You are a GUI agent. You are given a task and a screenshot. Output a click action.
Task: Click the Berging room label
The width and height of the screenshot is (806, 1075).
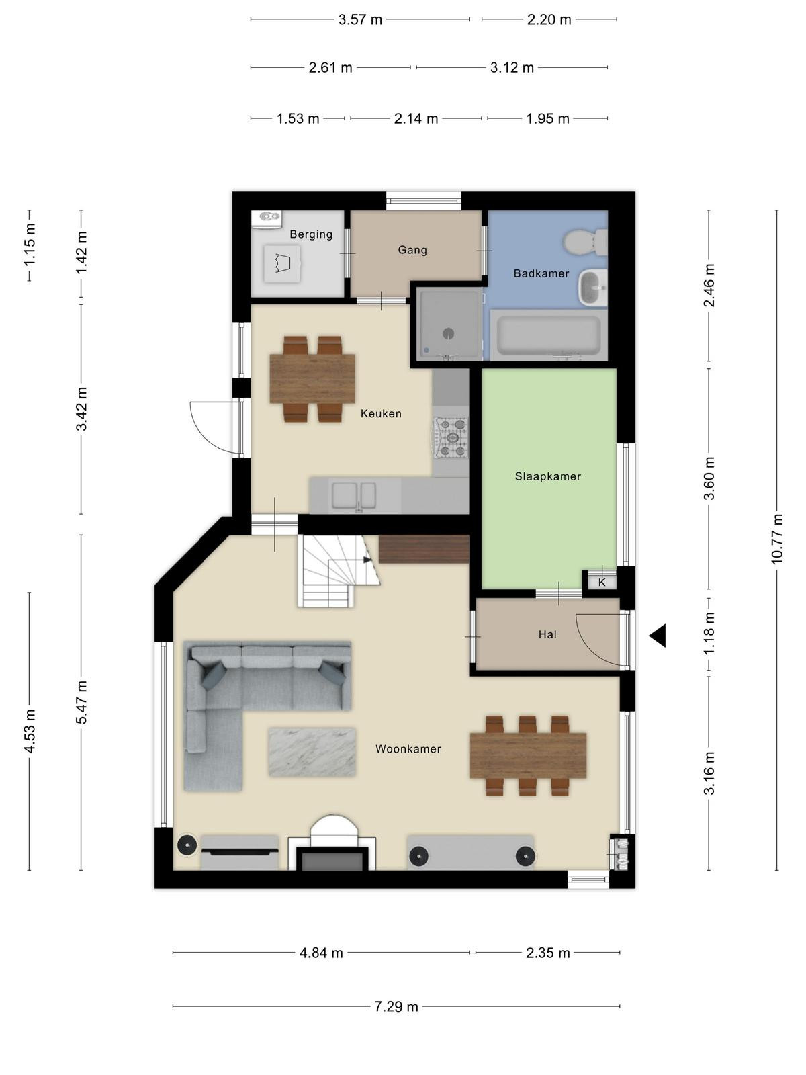311,234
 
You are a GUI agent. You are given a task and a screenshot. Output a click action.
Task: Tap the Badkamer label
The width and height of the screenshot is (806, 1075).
541,273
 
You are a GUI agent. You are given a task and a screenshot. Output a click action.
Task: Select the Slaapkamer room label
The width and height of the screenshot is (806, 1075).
547,476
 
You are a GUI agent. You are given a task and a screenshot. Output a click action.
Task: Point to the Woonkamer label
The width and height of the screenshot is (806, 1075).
408,749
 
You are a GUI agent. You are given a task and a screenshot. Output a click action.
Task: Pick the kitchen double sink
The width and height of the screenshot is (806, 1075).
354,495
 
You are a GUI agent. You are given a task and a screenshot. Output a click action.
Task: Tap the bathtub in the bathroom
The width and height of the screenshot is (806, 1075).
549,335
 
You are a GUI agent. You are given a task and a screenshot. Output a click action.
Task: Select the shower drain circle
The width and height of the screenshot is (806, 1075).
448,333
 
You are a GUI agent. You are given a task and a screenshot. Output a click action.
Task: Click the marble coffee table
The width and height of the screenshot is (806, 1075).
312,752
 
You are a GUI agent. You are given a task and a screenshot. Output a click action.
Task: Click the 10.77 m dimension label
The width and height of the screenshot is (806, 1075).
777,539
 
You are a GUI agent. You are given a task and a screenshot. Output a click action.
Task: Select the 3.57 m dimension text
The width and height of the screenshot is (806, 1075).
360,19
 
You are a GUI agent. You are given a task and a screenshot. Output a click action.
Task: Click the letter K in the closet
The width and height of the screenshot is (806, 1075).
602,583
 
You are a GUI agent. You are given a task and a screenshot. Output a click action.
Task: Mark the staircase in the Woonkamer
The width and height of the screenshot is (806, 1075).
339,571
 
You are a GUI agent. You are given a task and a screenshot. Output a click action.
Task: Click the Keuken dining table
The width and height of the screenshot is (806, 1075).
312,379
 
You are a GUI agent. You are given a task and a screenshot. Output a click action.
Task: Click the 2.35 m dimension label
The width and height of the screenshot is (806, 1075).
548,953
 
